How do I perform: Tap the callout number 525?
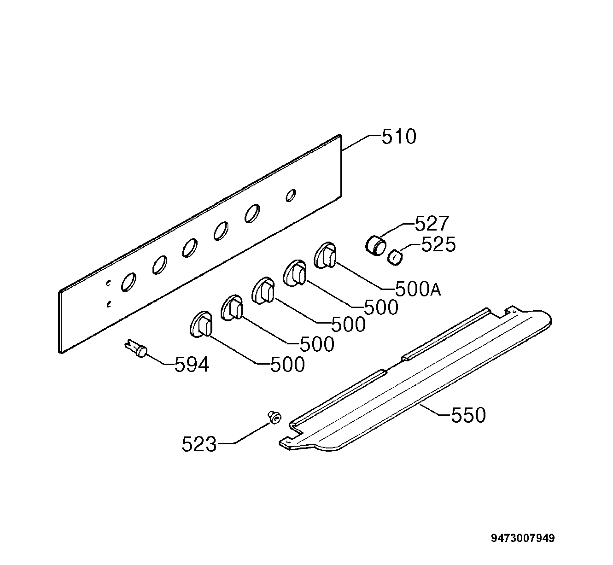coord(439,244)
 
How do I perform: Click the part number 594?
coord(192,365)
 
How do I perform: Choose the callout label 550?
coord(468,415)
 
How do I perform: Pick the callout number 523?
coord(199,444)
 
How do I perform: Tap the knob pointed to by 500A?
coord(325,256)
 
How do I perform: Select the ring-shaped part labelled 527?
coord(375,245)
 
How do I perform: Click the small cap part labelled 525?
coord(395,257)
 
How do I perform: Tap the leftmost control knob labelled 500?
coord(201,325)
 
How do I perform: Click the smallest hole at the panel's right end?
coord(291,195)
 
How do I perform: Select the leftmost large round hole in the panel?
coord(129,282)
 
